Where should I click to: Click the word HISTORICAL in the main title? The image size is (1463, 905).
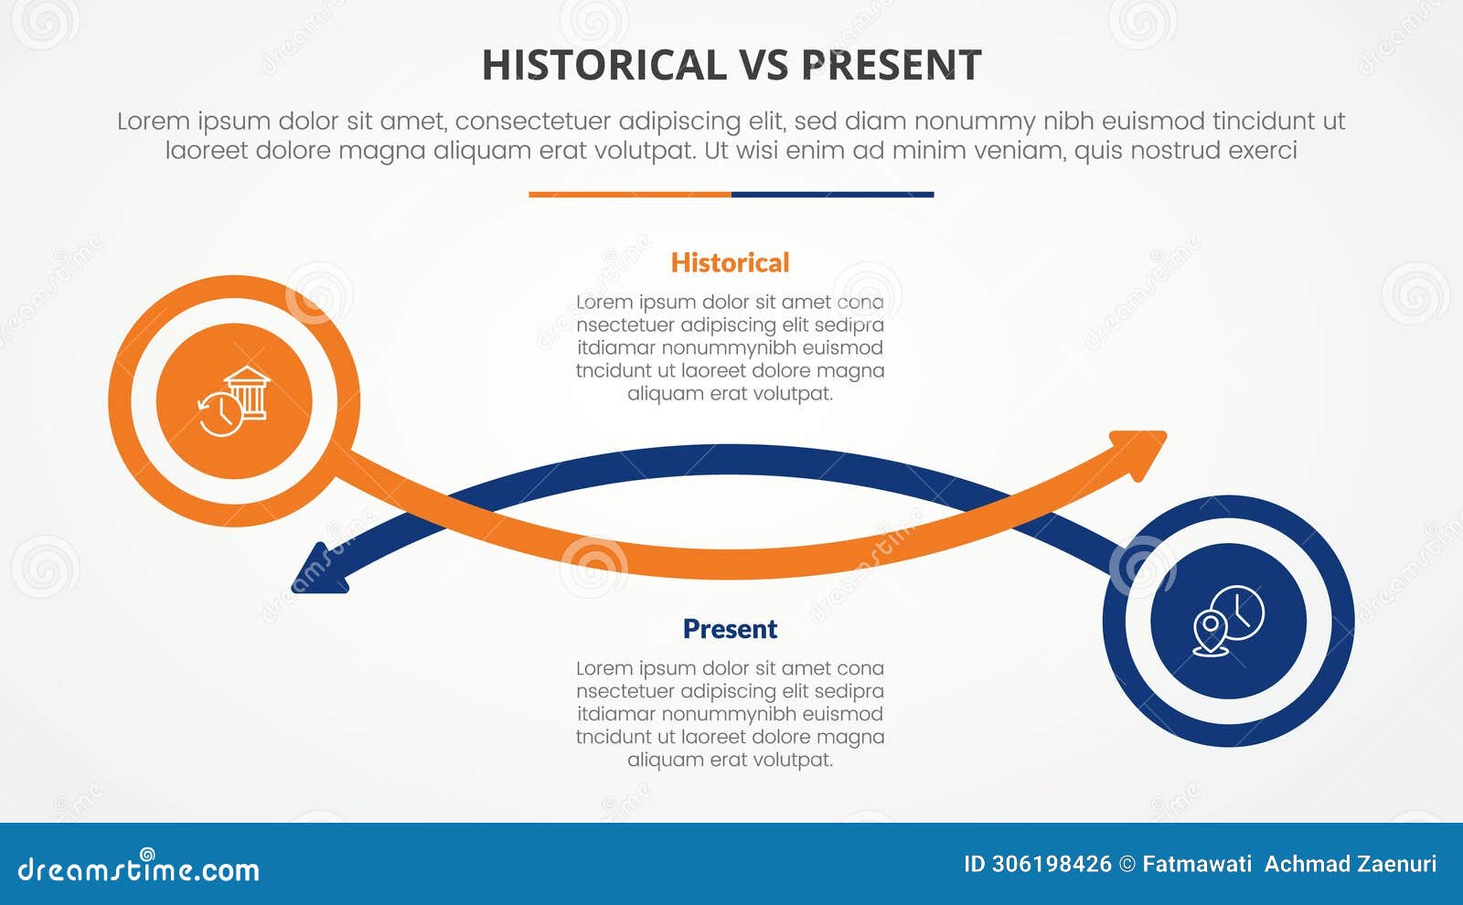pos(603,66)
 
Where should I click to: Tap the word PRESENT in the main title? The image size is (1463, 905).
pos(892,66)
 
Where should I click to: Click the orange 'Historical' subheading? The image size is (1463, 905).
pos(730,263)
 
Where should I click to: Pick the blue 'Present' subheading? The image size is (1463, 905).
pos(730,629)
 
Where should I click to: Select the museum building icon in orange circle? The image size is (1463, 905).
pos(248,391)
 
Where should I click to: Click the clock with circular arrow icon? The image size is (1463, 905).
pos(220,414)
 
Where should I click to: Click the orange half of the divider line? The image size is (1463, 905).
pos(630,195)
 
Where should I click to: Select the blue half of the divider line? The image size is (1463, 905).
pos(832,195)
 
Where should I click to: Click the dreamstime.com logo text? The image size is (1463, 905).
pos(139,869)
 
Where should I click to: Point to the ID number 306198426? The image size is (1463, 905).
pos(1052,865)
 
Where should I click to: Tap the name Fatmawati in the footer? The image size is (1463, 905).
pos(1197,865)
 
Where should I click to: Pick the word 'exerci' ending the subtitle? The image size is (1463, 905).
pos(1263,151)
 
